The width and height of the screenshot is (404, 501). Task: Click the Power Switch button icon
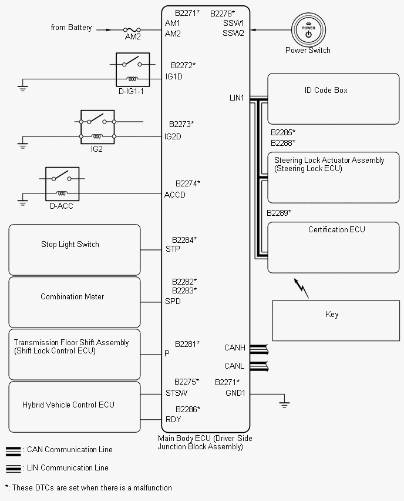click(308, 30)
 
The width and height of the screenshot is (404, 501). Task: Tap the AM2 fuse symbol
click(132, 30)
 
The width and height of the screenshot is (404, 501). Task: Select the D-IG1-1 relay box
click(133, 69)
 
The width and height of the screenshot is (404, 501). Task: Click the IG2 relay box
click(97, 127)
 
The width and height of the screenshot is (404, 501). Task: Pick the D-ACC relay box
click(62, 184)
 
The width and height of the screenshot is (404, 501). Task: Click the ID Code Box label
click(326, 91)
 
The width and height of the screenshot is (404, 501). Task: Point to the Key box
click(336, 320)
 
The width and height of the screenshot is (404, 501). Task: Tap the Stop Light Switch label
click(70, 245)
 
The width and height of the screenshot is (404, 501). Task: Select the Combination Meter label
click(72, 296)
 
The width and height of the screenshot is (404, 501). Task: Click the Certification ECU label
click(336, 229)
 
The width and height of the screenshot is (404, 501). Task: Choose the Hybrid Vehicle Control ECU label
click(68, 405)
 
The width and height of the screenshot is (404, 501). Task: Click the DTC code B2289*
click(279, 213)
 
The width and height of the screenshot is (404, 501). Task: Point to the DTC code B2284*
click(184, 240)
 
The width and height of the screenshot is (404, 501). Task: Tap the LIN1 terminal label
click(237, 98)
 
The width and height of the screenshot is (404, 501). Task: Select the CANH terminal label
click(234, 348)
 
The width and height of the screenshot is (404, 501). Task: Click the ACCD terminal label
click(174, 195)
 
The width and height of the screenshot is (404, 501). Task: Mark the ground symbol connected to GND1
click(284, 403)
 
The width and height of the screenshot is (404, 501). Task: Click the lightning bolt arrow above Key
click(301, 288)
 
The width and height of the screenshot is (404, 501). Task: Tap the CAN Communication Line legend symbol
click(14, 451)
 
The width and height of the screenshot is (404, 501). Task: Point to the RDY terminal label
click(173, 419)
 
